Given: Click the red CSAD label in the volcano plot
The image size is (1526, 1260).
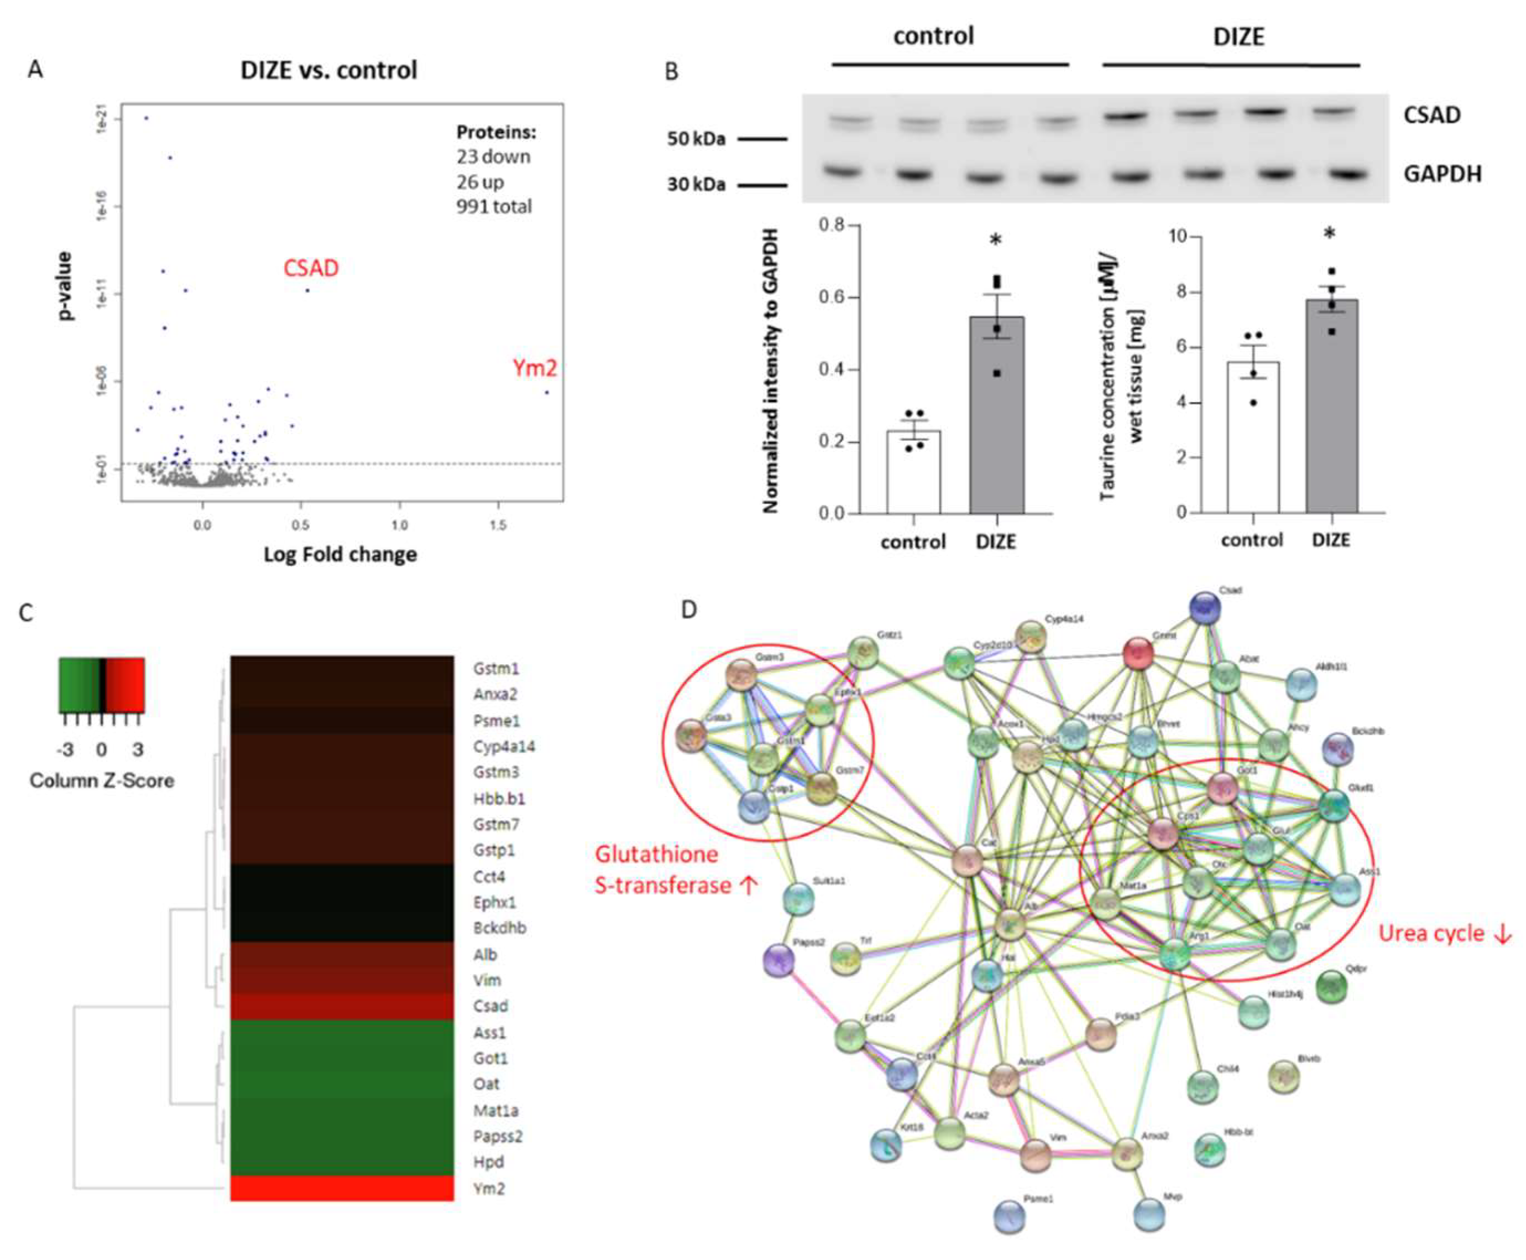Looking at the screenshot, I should click(311, 269).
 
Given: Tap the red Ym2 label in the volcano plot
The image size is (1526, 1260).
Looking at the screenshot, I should click(534, 369).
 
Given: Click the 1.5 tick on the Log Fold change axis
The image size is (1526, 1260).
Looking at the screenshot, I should click(498, 525).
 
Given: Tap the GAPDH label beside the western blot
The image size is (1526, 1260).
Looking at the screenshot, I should click(1442, 174).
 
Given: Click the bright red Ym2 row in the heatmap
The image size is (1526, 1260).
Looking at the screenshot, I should click(342, 1188).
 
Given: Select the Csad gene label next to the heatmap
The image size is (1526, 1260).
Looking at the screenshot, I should click(490, 1006).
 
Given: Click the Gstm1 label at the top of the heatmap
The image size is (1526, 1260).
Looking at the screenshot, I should click(497, 669).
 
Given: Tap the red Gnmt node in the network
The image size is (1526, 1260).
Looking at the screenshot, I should click(1137, 653).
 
